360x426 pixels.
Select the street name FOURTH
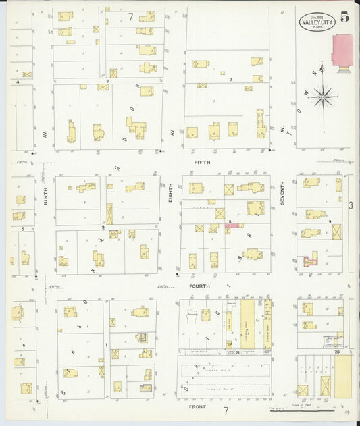coord(200,286)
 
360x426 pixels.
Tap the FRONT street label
coord(197,408)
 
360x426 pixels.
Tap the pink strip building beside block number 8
coord(234,226)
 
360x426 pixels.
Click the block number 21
coord(238,352)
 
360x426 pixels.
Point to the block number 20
coord(335,352)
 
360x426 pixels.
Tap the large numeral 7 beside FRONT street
coord(226,410)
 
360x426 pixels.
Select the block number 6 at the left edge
coord(24,345)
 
